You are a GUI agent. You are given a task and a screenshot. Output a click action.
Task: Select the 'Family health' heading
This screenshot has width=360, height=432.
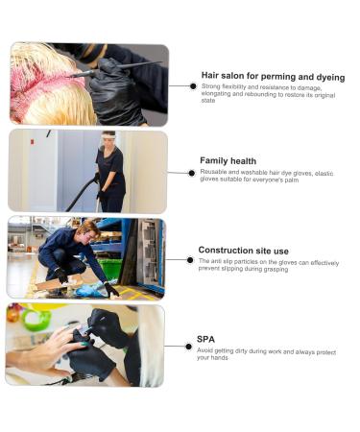point(228,160)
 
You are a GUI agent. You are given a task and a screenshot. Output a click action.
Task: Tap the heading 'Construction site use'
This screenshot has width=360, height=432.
point(246,250)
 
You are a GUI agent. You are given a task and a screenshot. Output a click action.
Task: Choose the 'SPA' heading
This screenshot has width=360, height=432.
point(205,338)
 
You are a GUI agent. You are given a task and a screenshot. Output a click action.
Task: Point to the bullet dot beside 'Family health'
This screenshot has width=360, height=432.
point(192,173)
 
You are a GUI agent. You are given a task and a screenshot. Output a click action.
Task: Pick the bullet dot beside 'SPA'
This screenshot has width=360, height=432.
point(190,346)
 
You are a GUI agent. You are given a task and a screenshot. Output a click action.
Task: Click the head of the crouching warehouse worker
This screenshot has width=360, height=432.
point(88,231)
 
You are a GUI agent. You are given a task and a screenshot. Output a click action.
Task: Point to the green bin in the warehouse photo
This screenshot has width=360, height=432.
point(113,266)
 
